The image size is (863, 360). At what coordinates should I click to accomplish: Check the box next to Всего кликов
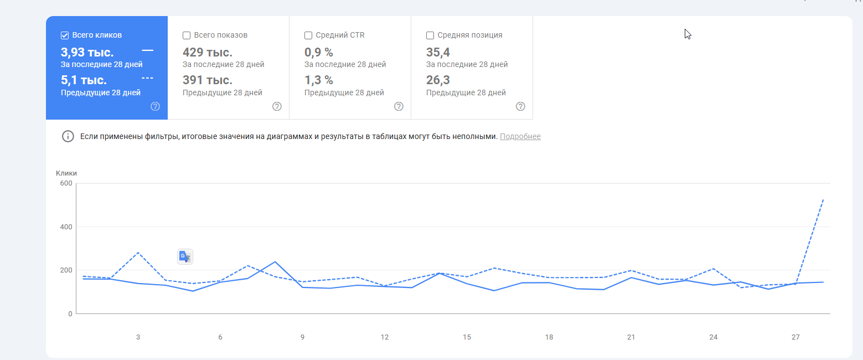tap(65, 35)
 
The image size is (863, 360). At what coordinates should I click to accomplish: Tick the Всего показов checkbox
tap(187, 35)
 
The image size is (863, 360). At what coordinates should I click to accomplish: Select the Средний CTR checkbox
tap(308, 35)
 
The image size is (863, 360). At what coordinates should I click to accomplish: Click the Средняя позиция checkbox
tap(430, 35)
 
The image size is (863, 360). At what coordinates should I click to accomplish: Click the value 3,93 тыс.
tap(87, 53)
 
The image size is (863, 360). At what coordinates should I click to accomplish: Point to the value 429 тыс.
tap(208, 53)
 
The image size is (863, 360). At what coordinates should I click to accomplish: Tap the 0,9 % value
tap(319, 53)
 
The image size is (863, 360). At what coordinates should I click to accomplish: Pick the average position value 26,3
tap(438, 80)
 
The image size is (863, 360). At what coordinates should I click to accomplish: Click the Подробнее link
tap(520, 136)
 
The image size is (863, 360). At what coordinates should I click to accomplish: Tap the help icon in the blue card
tap(155, 106)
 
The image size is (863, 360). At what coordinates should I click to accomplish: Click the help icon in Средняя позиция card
tap(520, 106)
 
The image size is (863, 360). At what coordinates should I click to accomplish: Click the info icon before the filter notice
tap(68, 136)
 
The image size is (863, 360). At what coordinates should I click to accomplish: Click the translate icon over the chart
tap(185, 257)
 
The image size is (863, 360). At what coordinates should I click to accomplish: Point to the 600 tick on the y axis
tap(66, 183)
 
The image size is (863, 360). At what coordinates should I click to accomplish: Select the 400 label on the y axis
tap(66, 227)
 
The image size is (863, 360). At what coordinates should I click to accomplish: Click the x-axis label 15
tap(467, 337)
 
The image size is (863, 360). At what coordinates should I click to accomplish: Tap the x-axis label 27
tap(795, 337)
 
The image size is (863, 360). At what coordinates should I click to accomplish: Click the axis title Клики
tap(66, 173)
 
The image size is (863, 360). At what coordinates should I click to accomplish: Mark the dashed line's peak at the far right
tap(823, 199)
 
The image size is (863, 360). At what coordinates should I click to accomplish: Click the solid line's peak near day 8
tap(275, 262)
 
